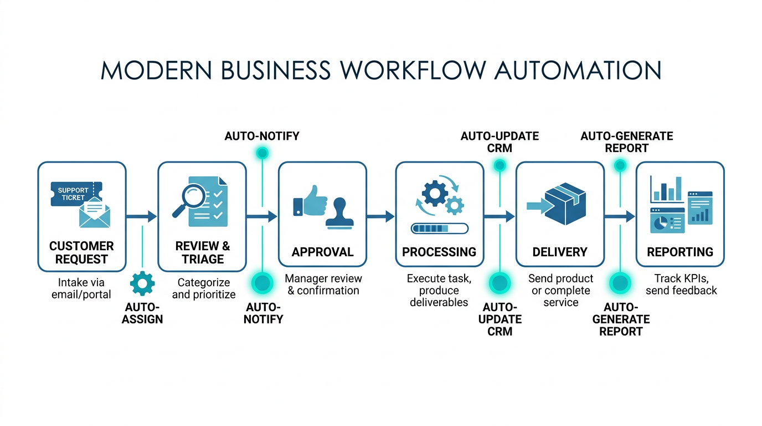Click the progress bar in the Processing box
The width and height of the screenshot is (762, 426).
[439, 228]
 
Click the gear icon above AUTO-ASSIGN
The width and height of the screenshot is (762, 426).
[142, 283]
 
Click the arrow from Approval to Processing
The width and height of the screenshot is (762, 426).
[380, 216]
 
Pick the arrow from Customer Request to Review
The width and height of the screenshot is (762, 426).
[142, 216]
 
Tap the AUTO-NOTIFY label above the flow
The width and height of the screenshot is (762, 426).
[262, 136]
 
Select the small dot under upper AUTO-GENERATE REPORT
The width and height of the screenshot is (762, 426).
[620, 165]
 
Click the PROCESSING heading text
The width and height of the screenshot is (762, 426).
[439, 252]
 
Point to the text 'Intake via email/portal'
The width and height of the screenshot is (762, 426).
[81, 288]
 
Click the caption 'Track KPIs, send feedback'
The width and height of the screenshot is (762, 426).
[681, 285]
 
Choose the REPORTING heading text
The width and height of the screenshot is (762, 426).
[680, 252]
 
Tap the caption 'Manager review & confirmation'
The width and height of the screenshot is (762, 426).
[323, 285]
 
